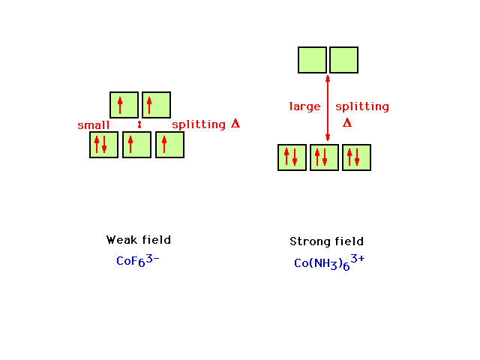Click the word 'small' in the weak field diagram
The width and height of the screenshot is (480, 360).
[x=93, y=125]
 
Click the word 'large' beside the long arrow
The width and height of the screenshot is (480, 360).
[x=304, y=106]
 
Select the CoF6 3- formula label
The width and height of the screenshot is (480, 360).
[x=138, y=260]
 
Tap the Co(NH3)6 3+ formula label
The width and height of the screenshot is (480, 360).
[x=329, y=262]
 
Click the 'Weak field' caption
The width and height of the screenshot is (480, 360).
[x=138, y=240]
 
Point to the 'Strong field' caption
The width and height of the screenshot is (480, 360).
[x=327, y=241]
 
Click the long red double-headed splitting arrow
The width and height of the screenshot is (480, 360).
[x=328, y=108]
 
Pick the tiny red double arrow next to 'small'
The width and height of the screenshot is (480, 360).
[x=139, y=124]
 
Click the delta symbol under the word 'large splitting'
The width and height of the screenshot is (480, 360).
[x=347, y=123]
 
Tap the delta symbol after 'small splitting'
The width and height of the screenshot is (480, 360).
[x=235, y=123]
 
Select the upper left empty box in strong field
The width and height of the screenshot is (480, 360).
[x=312, y=60]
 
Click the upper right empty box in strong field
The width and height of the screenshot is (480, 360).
[x=343, y=60]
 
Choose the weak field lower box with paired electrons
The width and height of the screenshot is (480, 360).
[x=103, y=145]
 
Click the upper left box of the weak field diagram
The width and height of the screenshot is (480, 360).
[x=124, y=105]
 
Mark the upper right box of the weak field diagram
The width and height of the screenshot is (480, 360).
[x=157, y=105]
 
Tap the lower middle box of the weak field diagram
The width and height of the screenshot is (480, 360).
[x=136, y=145]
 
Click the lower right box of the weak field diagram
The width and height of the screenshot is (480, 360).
[x=170, y=145]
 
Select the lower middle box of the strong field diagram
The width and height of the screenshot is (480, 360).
[x=324, y=157]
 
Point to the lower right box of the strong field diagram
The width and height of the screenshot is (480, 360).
[x=357, y=157]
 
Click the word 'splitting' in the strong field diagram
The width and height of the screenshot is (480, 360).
[x=362, y=106]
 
